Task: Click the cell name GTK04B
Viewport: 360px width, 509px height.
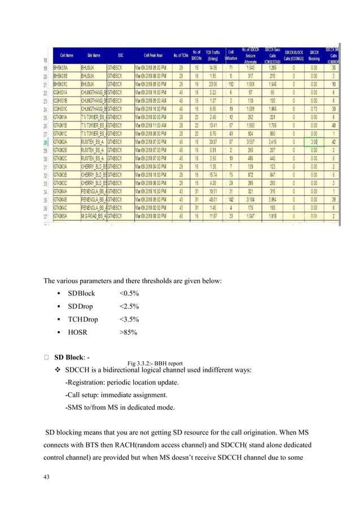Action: (60, 199)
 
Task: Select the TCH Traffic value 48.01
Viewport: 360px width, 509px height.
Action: (213, 199)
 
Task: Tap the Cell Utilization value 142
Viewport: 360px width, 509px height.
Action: (231, 199)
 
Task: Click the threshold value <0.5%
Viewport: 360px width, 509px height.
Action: (129, 293)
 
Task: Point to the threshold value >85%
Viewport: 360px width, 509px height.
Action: (128, 332)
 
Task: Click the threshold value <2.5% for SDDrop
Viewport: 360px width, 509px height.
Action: (129, 306)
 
